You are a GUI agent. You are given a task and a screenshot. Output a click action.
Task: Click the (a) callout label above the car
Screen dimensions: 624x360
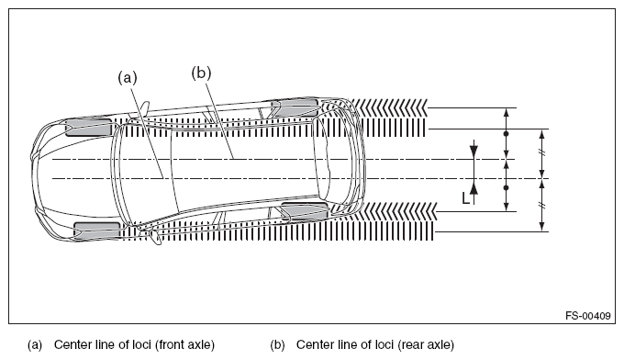128,78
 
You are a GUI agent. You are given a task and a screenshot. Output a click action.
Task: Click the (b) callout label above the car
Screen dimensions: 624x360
201,73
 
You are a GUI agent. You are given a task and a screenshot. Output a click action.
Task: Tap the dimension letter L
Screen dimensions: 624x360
465,198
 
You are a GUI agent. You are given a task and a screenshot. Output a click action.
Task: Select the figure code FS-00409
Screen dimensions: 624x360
588,316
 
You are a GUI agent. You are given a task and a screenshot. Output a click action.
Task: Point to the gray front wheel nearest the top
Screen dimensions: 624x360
88,127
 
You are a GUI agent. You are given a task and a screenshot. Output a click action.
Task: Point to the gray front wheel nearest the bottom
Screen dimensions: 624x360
96,231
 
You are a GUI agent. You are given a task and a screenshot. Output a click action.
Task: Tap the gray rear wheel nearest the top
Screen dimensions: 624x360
295,108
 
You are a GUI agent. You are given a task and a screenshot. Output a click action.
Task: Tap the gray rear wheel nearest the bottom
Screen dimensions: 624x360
305,210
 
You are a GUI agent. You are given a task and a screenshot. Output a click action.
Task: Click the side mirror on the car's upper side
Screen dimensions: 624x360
144,107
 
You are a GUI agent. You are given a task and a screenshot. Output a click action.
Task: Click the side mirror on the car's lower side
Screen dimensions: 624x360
156,237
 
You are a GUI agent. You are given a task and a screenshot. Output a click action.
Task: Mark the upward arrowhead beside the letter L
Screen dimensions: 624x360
474,186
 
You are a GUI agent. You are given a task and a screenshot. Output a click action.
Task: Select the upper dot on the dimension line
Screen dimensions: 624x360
507,134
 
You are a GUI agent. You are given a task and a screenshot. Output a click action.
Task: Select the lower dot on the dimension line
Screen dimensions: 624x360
507,187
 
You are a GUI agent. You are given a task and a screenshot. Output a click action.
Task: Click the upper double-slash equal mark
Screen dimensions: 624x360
541,152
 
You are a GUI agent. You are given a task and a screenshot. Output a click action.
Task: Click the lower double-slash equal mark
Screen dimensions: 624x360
541,205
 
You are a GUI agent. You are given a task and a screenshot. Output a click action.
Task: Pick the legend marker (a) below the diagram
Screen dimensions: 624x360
35,345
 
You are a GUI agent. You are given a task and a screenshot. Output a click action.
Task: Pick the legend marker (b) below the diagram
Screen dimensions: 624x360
277,345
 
